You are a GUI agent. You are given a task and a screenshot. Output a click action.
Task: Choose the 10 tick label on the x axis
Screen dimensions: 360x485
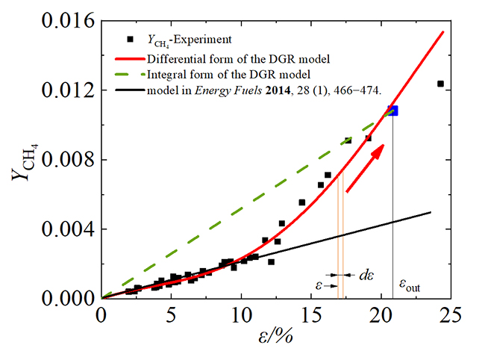tap(241, 315)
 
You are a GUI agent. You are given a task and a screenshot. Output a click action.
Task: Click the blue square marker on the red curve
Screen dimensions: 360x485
tap(392, 111)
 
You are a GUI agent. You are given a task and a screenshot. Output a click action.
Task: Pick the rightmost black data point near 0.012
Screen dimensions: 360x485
tap(440, 84)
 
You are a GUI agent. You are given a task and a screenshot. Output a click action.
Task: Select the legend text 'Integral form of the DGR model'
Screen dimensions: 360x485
tap(226, 74)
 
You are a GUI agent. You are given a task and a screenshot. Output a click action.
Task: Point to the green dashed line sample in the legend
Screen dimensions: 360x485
tap(130, 74)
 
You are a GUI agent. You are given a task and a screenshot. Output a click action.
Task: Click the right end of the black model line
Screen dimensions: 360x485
tap(431, 212)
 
